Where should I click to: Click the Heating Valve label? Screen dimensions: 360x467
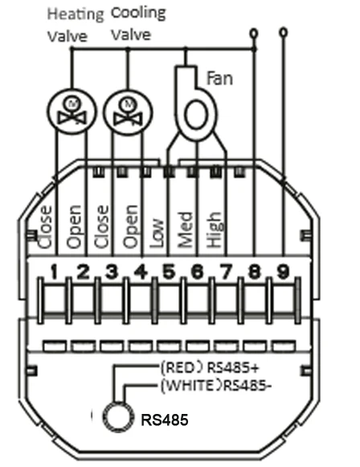coord(76,25)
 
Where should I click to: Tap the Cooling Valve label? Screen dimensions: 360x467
coord(138,23)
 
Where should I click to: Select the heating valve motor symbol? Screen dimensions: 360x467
coord(72,112)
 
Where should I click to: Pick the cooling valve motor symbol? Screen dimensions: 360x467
coord(128,112)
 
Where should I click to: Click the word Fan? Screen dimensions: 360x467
coord(219,78)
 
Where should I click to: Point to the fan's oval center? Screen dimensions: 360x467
coord(196,115)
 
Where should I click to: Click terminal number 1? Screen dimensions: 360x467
coord(54,272)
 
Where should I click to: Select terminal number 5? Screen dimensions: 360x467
coord(169,272)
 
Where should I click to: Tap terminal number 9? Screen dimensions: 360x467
coord(283,272)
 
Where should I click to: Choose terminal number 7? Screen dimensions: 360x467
coord(226,272)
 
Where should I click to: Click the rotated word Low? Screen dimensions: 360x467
coord(157,233)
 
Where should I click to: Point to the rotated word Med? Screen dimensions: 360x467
coord(185,230)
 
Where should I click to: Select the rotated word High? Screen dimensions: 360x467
coord(214,230)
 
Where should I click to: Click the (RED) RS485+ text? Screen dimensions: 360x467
coord(210,368)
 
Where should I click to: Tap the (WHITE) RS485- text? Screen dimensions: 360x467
coord(216,385)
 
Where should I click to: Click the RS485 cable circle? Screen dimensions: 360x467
coord(117,417)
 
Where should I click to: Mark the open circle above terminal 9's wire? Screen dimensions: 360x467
coord(284,31)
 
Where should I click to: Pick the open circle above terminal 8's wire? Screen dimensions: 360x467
coord(254,33)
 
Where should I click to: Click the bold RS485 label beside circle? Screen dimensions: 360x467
coord(165,420)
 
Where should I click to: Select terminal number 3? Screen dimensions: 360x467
coord(112,272)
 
